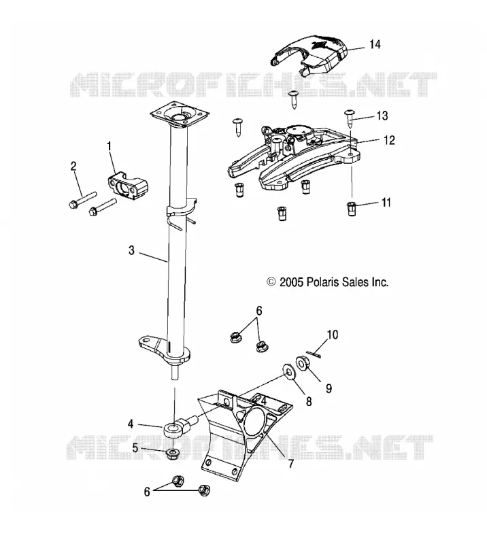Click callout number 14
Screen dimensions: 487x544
click(x=375, y=44)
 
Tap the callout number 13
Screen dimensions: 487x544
click(x=382, y=116)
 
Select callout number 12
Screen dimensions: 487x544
click(x=390, y=140)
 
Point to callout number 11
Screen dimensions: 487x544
click(x=386, y=202)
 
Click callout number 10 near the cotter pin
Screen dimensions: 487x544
click(x=332, y=335)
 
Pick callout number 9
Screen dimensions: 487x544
click(x=329, y=388)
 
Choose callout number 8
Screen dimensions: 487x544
click(x=309, y=401)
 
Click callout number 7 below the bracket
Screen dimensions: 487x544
click(x=291, y=463)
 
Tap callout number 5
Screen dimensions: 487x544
click(x=135, y=448)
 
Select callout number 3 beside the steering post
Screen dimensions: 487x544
click(x=131, y=250)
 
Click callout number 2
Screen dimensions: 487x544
click(x=73, y=166)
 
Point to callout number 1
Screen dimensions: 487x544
click(x=109, y=146)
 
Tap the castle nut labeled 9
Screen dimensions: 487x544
click(x=303, y=363)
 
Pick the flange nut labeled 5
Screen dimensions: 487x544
click(x=173, y=454)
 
